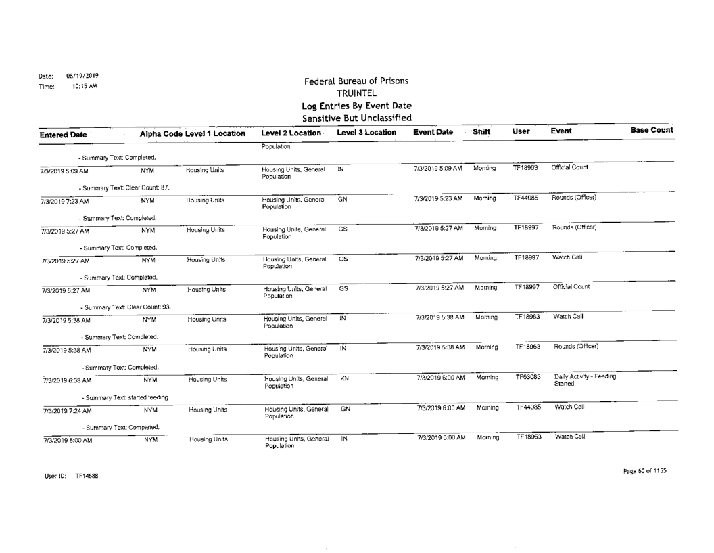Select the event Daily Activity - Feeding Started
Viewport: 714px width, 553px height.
pos(577,380)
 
